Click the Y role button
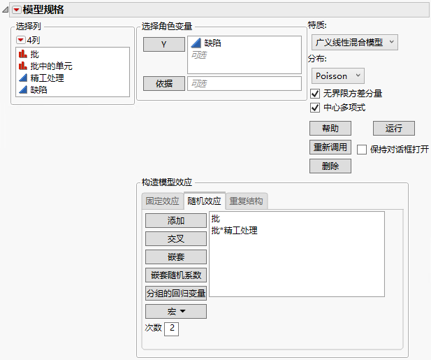(163, 44)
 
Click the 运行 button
(394, 128)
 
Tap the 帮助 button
(330, 128)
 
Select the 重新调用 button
(330, 147)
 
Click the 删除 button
(330, 166)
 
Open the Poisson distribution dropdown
(339, 75)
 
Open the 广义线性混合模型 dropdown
(353, 43)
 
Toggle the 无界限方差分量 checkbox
(315, 93)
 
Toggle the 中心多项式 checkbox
(315, 108)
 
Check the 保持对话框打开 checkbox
(362, 149)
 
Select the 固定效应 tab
(162, 201)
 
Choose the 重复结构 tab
(246, 201)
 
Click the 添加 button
(175, 221)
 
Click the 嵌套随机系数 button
(175, 275)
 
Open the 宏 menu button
(175, 311)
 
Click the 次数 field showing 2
(172, 328)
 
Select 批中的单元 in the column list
(51, 66)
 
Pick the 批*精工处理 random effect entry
(234, 230)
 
